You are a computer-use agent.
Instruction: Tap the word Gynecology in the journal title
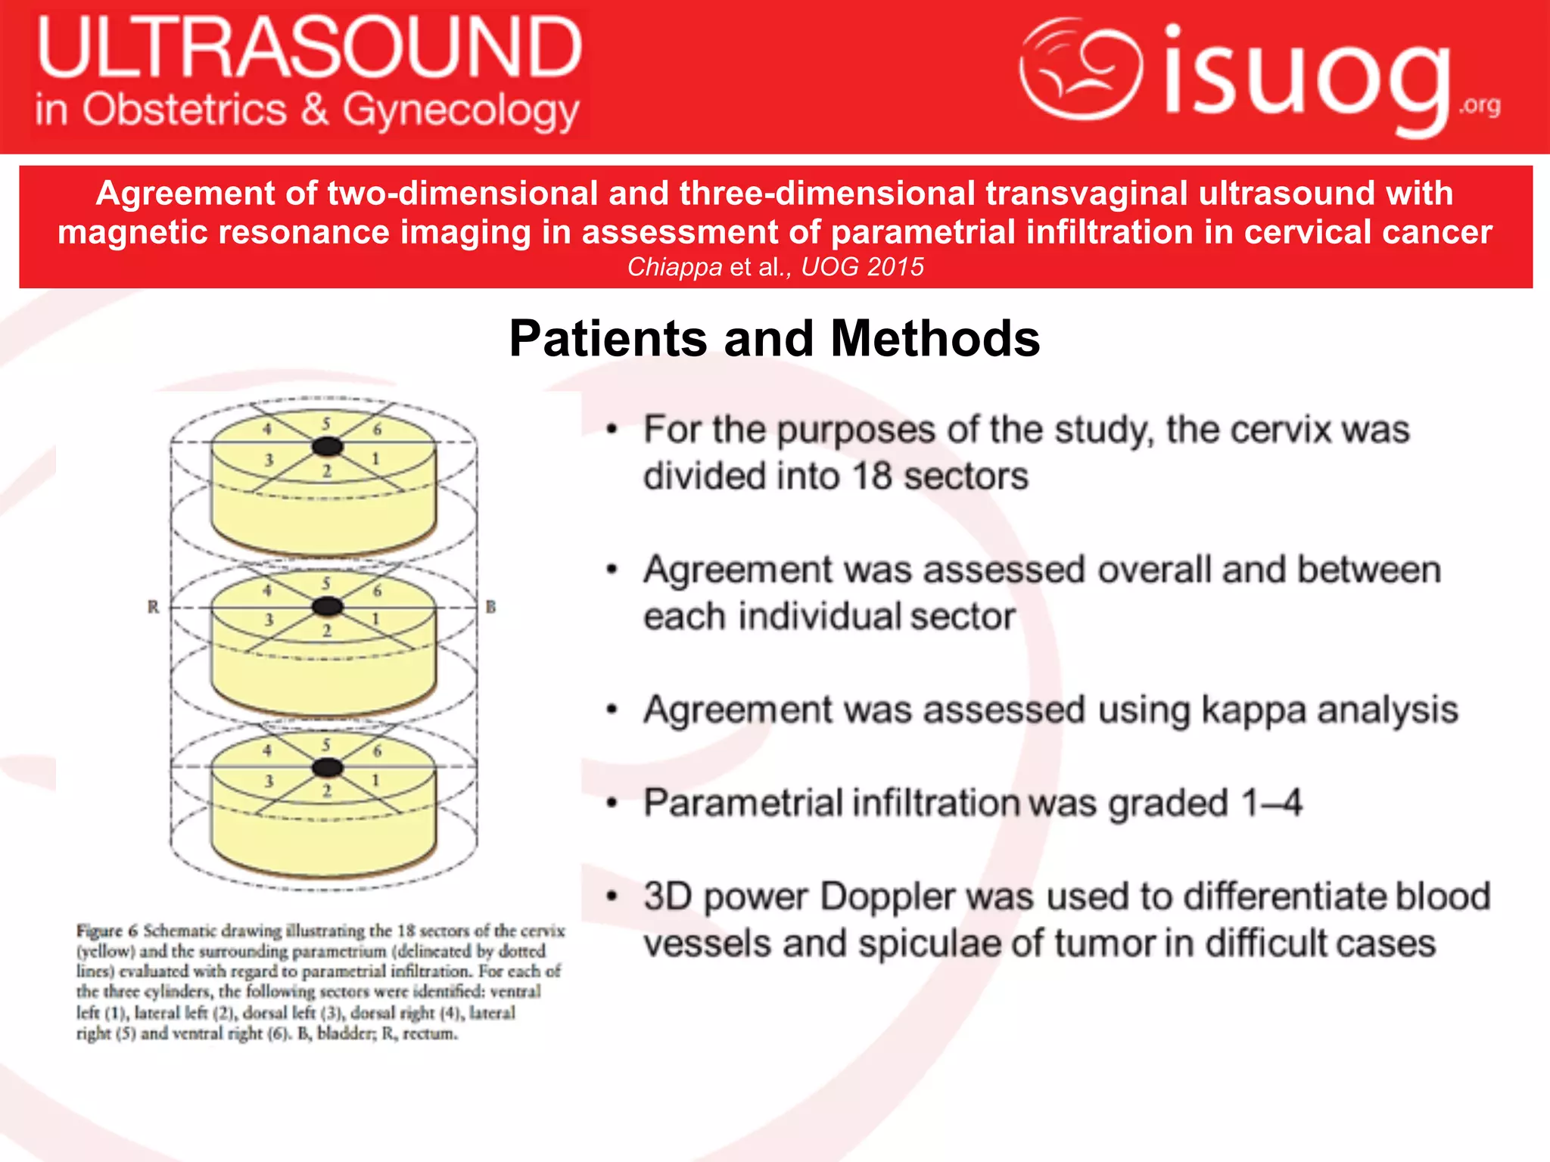pyautogui.click(x=461, y=111)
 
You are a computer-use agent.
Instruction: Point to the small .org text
pyautogui.click(x=1480, y=105)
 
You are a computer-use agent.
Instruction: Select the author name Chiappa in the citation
pyautogui.click(x=674, y=267)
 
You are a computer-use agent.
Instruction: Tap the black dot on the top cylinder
pyautogui.click(x=328, y=446)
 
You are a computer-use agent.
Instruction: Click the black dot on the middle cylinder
pyautogui.click(x=328, y=606)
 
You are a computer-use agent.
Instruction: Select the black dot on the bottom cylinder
pyautogui.click(x=328, y=768)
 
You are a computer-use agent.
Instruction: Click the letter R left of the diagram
pyautogui.click(x=154, y=607)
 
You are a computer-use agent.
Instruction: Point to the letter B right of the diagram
pyautogui.click(x=490, y=607)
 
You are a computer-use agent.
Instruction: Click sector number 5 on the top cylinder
pyautogui.click(x=326, y=424)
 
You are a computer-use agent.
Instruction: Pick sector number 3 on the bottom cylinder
pyautogui.click(x=269, y=781)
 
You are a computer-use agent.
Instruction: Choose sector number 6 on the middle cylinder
pyautogui.click(x=377, y=591)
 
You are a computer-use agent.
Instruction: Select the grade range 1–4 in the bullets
pyautogui.click(x=1271, y=803)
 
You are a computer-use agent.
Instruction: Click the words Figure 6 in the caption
pyautogui.click(x=107, y=931)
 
